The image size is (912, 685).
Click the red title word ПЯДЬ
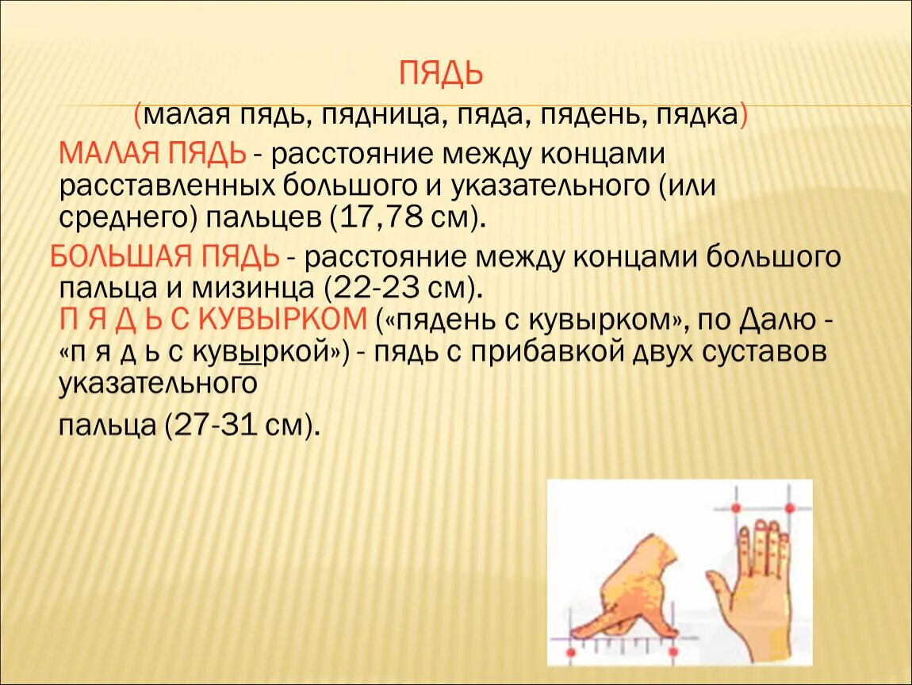tap(441, 74)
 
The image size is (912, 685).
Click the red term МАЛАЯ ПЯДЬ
tap(152, 154)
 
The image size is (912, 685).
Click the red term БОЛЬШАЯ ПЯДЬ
tap(165, 256)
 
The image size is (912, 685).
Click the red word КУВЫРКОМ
tap(282, 320)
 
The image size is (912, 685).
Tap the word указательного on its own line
tap(158, 384)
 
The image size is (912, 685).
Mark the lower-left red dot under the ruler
tap(570, 652)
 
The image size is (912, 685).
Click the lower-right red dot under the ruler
tap(673, 652)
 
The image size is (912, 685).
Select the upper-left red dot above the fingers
tap(736, 508)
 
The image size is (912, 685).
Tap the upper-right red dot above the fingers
tap(790, 508)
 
